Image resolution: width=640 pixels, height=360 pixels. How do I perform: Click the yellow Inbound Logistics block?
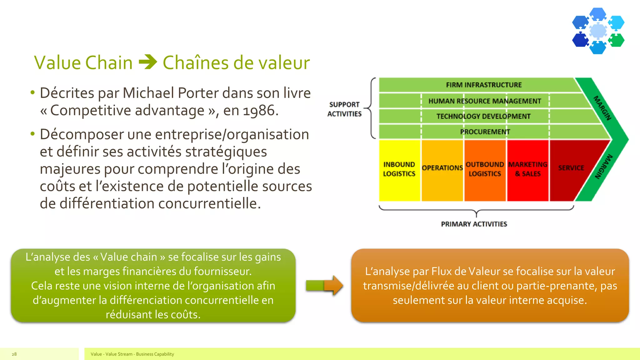click(399, 170)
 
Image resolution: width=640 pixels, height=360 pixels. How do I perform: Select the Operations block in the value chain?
click(442, 170)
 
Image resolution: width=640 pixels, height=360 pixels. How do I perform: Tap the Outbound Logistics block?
click(485, 170)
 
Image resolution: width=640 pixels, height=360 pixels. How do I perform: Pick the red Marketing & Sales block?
click(528, 170)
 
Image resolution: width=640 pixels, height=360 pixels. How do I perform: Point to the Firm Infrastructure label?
click(484, 85)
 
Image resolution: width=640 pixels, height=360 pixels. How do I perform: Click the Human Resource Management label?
click(484, 101)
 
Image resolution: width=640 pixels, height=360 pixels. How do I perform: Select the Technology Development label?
click(483, 117)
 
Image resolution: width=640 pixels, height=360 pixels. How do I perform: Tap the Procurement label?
click(485, 132)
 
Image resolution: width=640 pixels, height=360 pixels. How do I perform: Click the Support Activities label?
click(344, 109)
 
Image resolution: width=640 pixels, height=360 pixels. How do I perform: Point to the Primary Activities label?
click(474, 224)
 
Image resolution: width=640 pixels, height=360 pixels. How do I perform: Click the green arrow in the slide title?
click(147, 62)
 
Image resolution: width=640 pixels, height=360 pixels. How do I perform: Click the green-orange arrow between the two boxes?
click(324, 285)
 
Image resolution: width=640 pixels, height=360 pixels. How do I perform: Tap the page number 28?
click(14, 354)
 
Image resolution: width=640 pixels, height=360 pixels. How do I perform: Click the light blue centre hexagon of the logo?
click(598, 31)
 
